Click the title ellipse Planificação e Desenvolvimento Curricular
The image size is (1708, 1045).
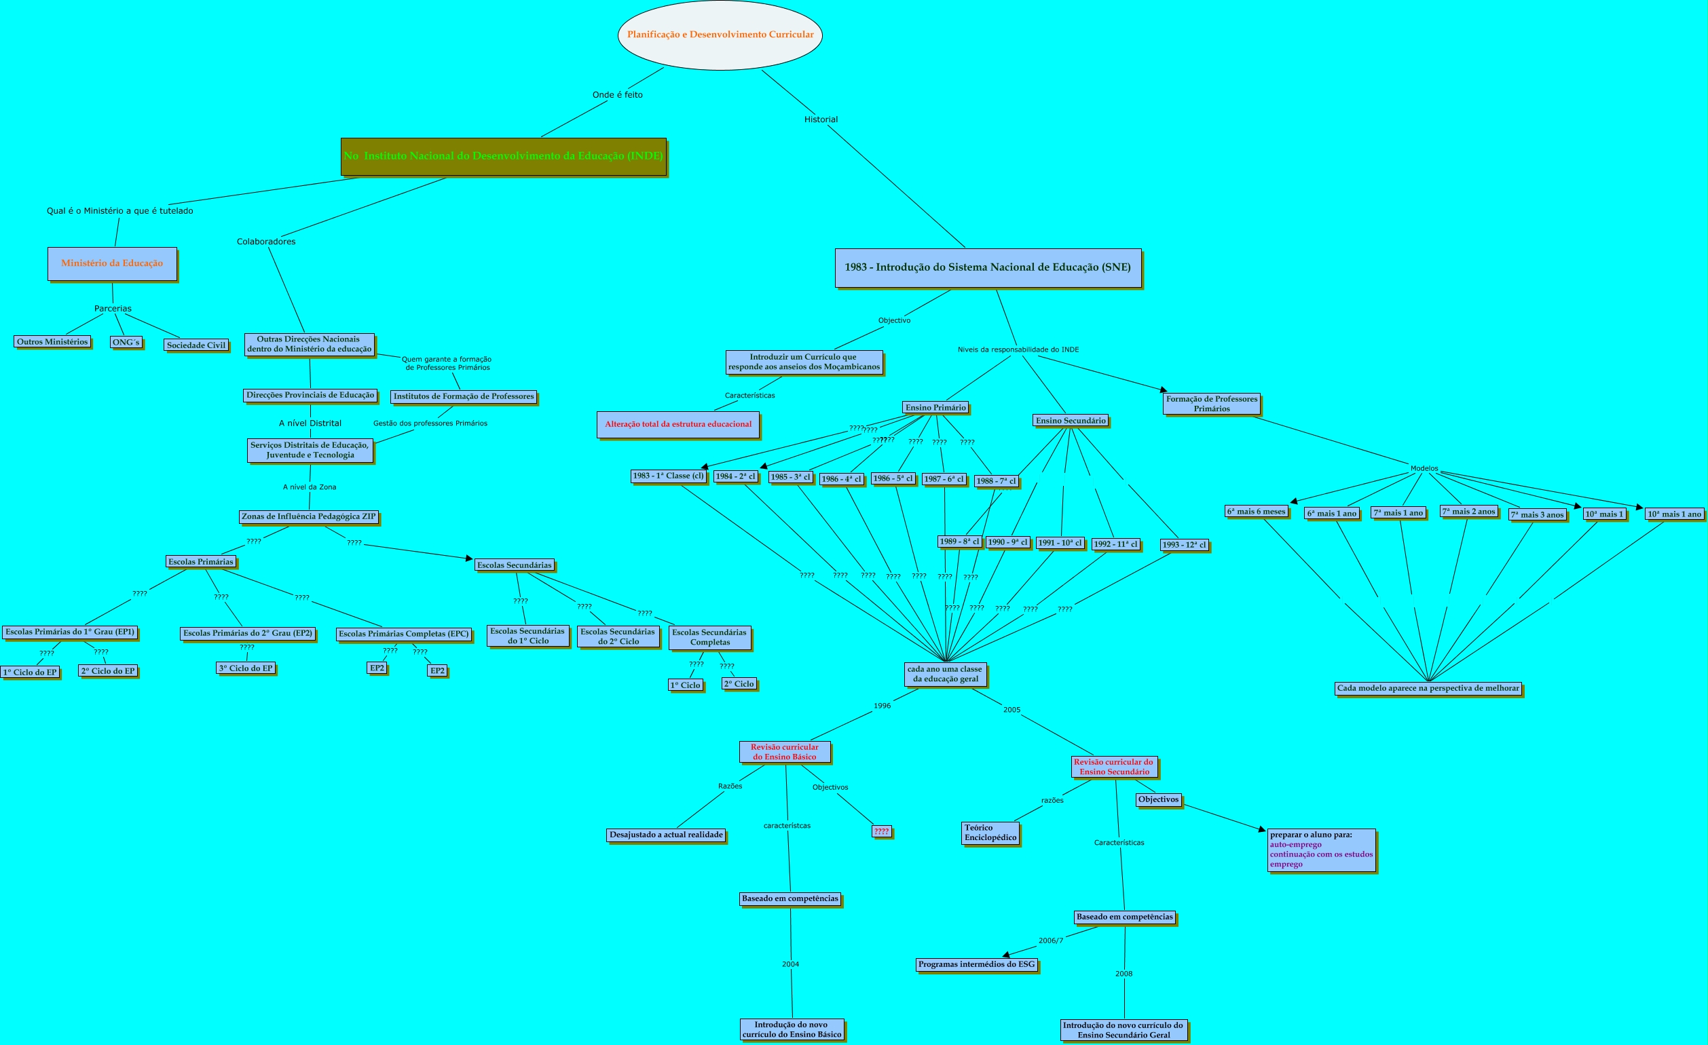[x=720, y=35]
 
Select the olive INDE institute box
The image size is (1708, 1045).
[x=503, y=156]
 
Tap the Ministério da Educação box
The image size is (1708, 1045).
[x=111, y=263]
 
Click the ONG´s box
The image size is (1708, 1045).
[x=126, y=341]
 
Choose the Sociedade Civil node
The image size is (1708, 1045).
[x=196, y=345]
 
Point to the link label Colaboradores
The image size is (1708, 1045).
[x=266, y=242]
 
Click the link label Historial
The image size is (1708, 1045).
[x=821, y=119]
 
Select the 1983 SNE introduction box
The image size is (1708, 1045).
[x=987, y=267]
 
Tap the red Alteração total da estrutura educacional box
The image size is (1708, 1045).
[x=678, y=424]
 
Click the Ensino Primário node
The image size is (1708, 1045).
[x=935, y=407]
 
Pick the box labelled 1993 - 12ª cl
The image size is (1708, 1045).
[x=1184, y=545]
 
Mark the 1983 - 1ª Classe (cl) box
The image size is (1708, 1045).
[x=667, y=476]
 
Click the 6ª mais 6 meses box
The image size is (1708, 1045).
[x=1256, y=512]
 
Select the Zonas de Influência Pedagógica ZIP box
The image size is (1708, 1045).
[x=308, y=516]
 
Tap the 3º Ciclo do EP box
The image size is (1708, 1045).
[x=245, y=668]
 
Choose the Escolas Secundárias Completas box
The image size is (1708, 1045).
[x=709, y=638]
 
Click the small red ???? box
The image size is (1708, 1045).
[x=881, y=831]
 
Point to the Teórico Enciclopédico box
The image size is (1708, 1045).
[x=990, y=833]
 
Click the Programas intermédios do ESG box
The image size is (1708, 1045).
[x=976, y=964]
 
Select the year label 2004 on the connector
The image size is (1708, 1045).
[x=790, y=964]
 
